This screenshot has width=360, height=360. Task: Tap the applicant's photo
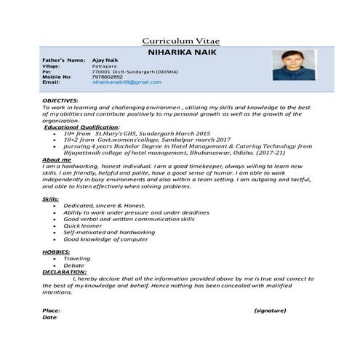(x=294, y=65)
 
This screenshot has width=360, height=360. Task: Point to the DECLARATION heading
(x=64, y=272)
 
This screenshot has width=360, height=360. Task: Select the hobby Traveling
(x=77, y=258)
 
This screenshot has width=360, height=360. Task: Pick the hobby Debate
(x=73, y=265)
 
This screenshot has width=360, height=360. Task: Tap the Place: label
(x=51, y=311)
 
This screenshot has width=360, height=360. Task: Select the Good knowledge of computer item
(x=105, y=239)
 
